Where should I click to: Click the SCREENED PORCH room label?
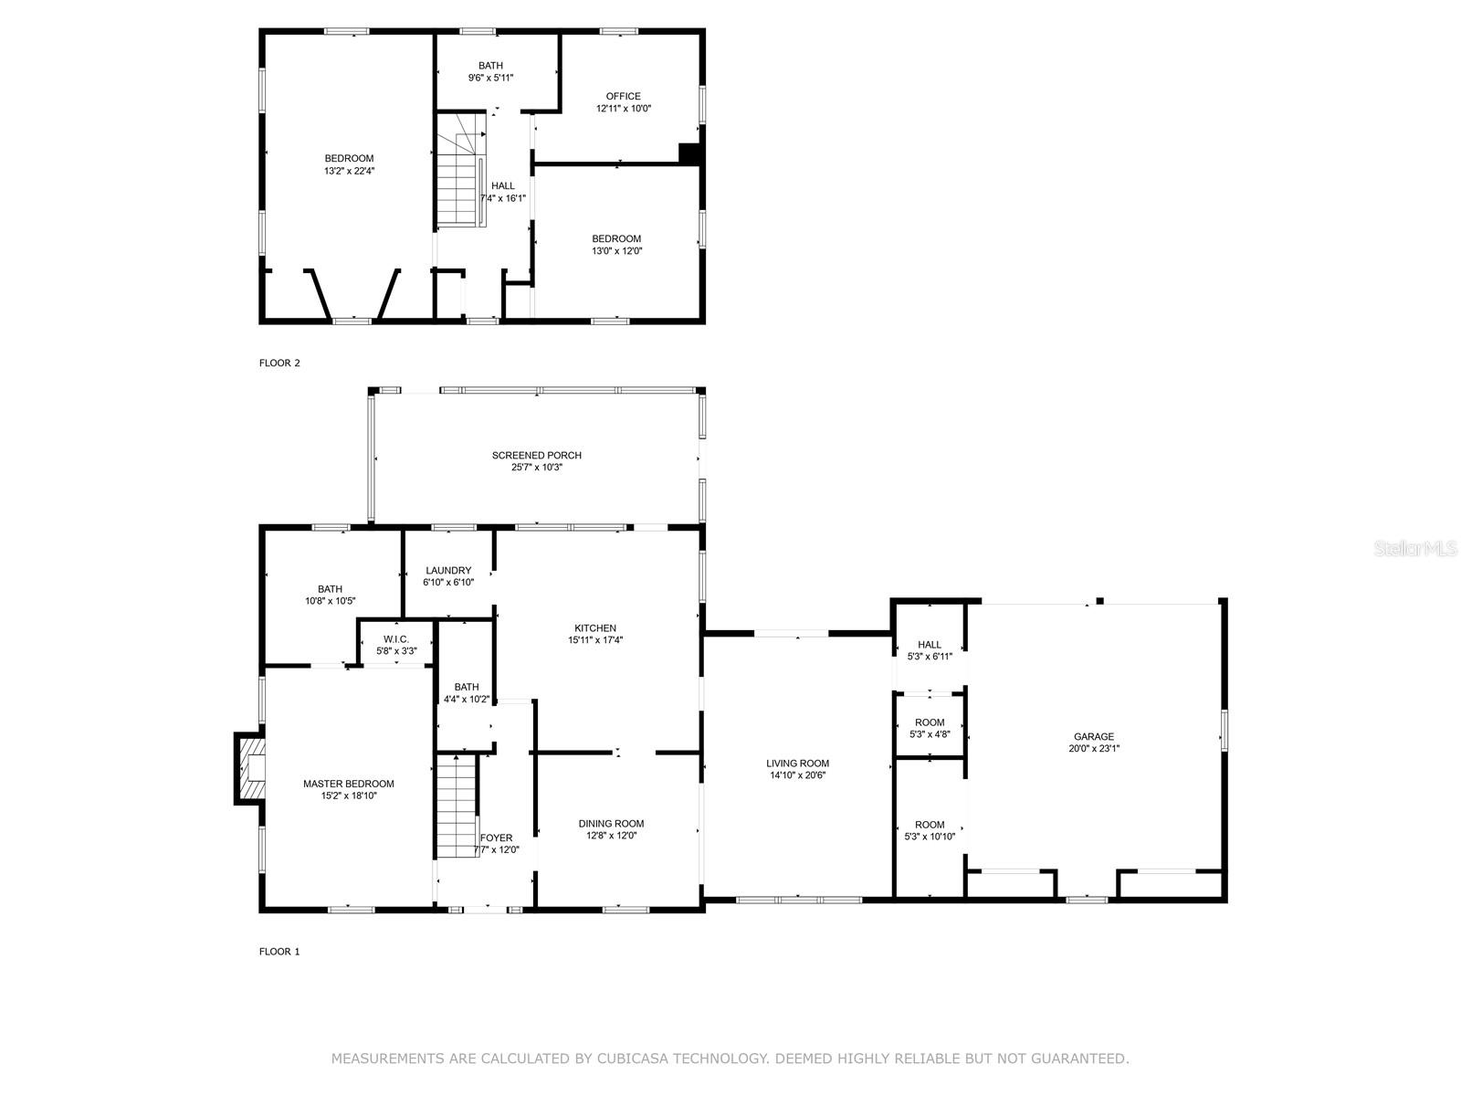tap(537, 455)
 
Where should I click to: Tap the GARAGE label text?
tap(1094, 736)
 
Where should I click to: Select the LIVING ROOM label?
tap(797, 764)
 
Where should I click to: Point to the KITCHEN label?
tap(595, 627)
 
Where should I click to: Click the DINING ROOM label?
tap(611, 823)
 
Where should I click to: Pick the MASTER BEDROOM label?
tap(349, 784)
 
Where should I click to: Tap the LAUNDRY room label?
tap(448, 570)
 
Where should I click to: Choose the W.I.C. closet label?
tap(396, 639)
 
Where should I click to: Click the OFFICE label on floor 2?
tap(623, 96)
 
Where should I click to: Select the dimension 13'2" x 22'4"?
tap(350, 171)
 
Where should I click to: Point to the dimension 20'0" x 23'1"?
tap(1094, 748)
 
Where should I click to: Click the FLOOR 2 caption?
tap(279, 363)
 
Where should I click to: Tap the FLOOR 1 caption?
tap(279, 952)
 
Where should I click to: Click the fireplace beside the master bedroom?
tap(249, 769)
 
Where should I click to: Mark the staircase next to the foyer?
tap(457, 806)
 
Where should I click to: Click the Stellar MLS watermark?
tap(1415, 548)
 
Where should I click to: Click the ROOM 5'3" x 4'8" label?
tap(930, 728)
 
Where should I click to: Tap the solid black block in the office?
tap(688, 153)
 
